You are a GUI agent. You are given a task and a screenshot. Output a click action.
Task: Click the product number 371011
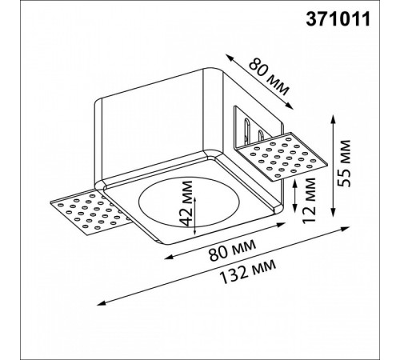point(338,19)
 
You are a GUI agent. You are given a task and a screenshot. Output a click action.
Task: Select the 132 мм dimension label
point(247,272)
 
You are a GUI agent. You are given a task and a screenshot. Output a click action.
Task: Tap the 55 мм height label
point(343,163)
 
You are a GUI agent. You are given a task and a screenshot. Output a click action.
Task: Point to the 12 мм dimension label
point(310,200)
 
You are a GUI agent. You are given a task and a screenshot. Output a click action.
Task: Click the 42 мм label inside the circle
point(186,203)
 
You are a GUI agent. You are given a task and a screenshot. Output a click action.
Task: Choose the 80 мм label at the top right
point(269,78)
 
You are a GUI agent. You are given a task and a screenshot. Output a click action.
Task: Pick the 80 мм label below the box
point(232,250)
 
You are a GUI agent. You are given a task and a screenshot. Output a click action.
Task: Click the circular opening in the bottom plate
point(189,202)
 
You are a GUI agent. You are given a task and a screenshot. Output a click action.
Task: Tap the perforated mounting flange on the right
point(282,158)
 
